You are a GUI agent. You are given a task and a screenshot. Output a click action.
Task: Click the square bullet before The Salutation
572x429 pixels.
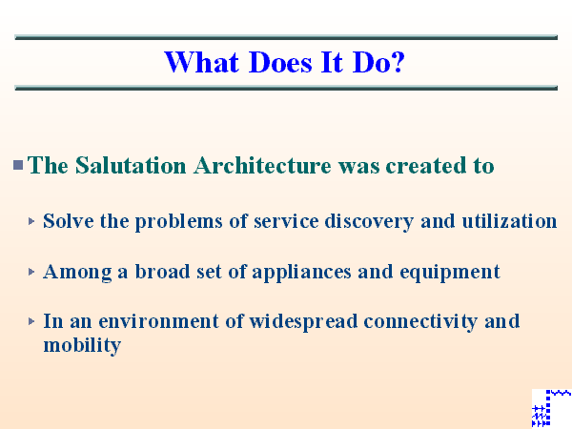18,166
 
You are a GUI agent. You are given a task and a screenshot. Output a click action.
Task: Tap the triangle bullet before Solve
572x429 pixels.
32,221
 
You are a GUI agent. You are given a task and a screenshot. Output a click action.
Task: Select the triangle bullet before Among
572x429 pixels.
32,272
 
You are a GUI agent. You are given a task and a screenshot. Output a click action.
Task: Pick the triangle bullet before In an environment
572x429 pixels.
32,321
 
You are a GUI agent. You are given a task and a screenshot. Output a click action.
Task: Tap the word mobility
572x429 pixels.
82,345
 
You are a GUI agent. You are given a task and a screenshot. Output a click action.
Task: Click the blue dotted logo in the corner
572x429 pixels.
550,408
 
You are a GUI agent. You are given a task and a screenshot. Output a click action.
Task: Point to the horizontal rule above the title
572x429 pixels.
286,38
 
